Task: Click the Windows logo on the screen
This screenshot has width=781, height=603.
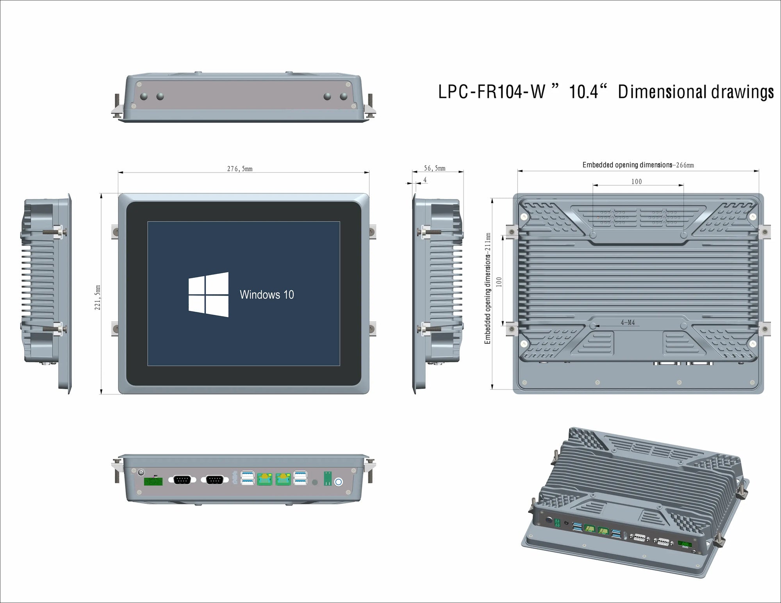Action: coord(209,294)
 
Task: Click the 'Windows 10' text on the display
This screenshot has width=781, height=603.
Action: coord(267,295)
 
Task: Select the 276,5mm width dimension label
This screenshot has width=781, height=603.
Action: coord(240,169)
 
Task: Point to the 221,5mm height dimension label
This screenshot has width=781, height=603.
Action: coord(98,297)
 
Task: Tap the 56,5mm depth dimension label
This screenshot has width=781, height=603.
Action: coord(435,168)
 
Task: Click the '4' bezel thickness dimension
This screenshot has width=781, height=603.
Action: coord(425,180)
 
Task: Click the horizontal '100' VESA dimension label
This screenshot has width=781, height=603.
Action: coord(637,181)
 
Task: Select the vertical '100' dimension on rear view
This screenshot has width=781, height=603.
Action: coord(499,282)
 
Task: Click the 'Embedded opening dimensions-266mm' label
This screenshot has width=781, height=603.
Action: coord(638,165)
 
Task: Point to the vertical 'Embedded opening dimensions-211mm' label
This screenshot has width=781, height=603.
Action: coord(488,289)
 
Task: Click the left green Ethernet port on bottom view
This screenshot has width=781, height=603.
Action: coord(264,479)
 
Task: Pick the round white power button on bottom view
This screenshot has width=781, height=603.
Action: coord(338,482)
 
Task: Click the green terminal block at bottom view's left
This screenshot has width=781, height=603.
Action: coord(153,482)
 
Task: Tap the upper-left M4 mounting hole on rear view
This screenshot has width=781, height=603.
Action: coord(593,235)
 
